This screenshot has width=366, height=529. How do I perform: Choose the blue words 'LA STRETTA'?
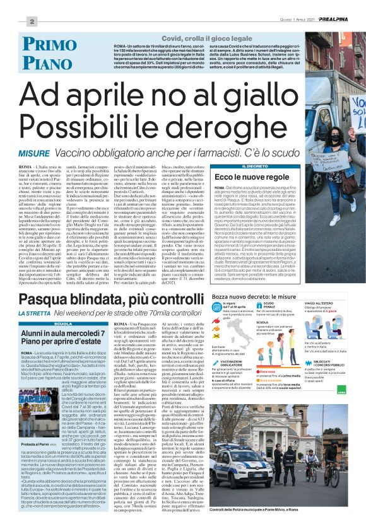pyautogui.click(x=36, y=313)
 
